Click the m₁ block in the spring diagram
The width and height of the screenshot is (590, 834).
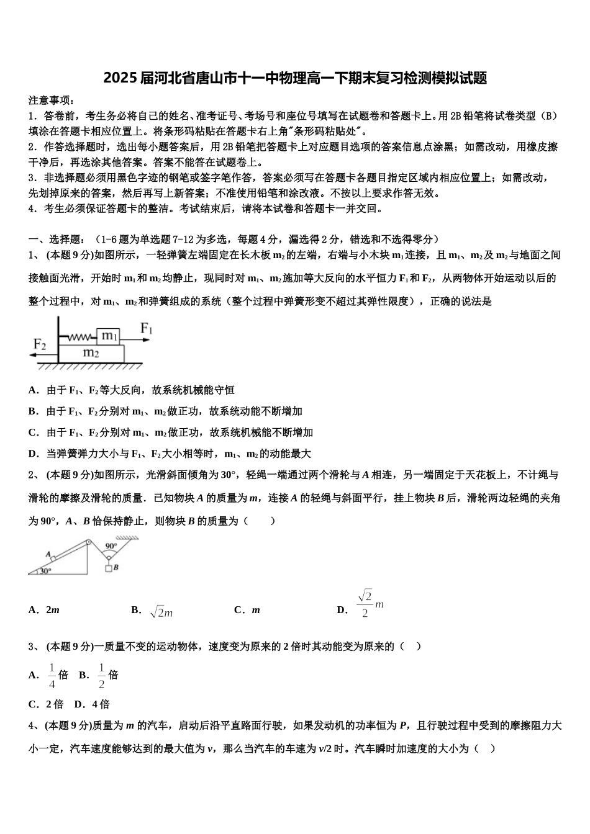coord(110,336)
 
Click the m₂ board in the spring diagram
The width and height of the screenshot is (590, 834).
coord(91,353)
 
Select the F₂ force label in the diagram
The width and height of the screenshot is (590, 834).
coord(40,344)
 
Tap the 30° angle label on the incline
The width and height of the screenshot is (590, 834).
coord(45,571)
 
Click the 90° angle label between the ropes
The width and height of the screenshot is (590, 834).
coord(111,546)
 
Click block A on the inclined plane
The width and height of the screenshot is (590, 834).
coord(53,558)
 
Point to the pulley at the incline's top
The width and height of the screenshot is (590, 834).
coord(88,542)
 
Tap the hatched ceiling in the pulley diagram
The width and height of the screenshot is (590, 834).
coord(127,538)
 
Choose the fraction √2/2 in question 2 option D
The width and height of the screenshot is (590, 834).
coord(365,604)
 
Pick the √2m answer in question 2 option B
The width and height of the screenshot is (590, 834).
coord(161,612)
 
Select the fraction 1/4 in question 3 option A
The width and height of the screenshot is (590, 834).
coord(52,676)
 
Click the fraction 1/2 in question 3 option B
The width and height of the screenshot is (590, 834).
coord(102,676)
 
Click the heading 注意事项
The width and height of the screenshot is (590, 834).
coord(52,100)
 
